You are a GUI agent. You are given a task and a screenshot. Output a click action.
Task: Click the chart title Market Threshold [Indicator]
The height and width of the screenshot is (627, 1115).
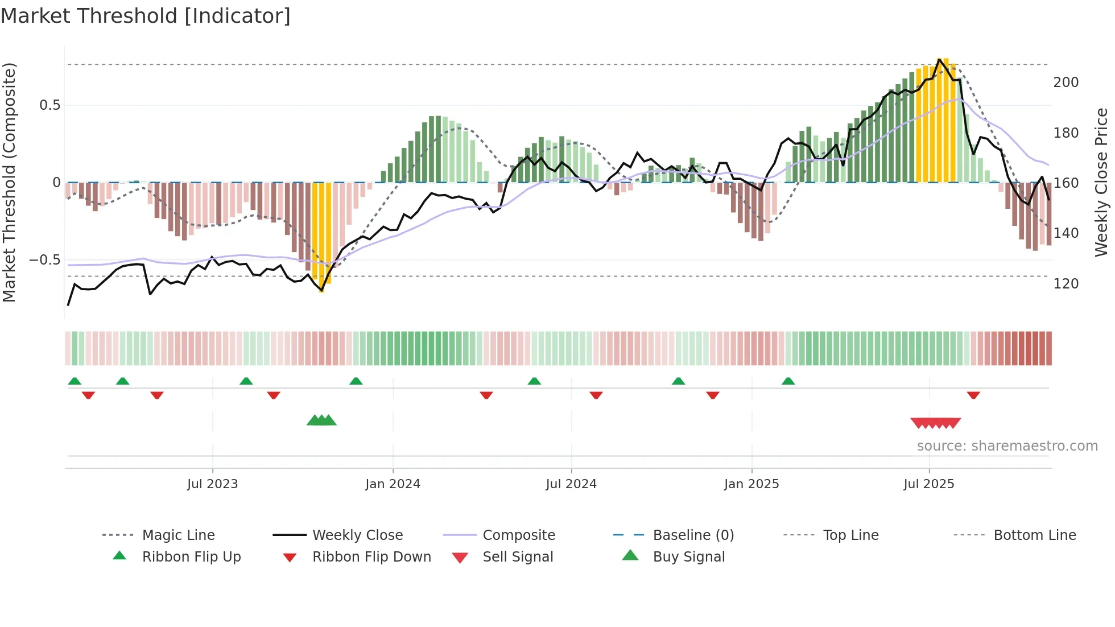click(146, 16)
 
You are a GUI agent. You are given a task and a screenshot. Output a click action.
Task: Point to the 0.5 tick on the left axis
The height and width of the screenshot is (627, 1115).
click(50, 105)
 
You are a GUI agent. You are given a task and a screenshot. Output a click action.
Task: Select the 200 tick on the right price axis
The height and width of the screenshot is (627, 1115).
click(1066, 82)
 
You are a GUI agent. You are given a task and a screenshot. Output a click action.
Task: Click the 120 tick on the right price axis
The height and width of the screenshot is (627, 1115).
click(1066, 283)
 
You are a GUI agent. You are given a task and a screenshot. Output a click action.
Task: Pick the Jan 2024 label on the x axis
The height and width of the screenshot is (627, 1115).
click(393, 484)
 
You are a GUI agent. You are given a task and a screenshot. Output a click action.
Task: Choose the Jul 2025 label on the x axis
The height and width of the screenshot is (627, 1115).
click(928, 484)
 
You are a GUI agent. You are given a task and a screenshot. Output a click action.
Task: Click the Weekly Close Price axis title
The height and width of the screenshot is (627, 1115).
click(1101, 182)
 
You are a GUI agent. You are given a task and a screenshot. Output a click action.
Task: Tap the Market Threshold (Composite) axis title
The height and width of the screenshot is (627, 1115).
click(9, 182)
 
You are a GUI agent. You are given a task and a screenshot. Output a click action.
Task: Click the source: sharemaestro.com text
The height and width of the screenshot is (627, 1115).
click(1007, 446)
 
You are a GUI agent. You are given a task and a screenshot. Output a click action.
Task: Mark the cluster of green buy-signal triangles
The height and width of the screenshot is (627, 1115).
click(321, 420)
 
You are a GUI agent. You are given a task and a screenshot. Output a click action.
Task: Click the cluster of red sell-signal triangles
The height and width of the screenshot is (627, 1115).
click(936, 423)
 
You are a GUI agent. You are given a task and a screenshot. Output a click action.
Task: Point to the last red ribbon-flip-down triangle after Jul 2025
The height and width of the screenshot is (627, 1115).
click(973, 395)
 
